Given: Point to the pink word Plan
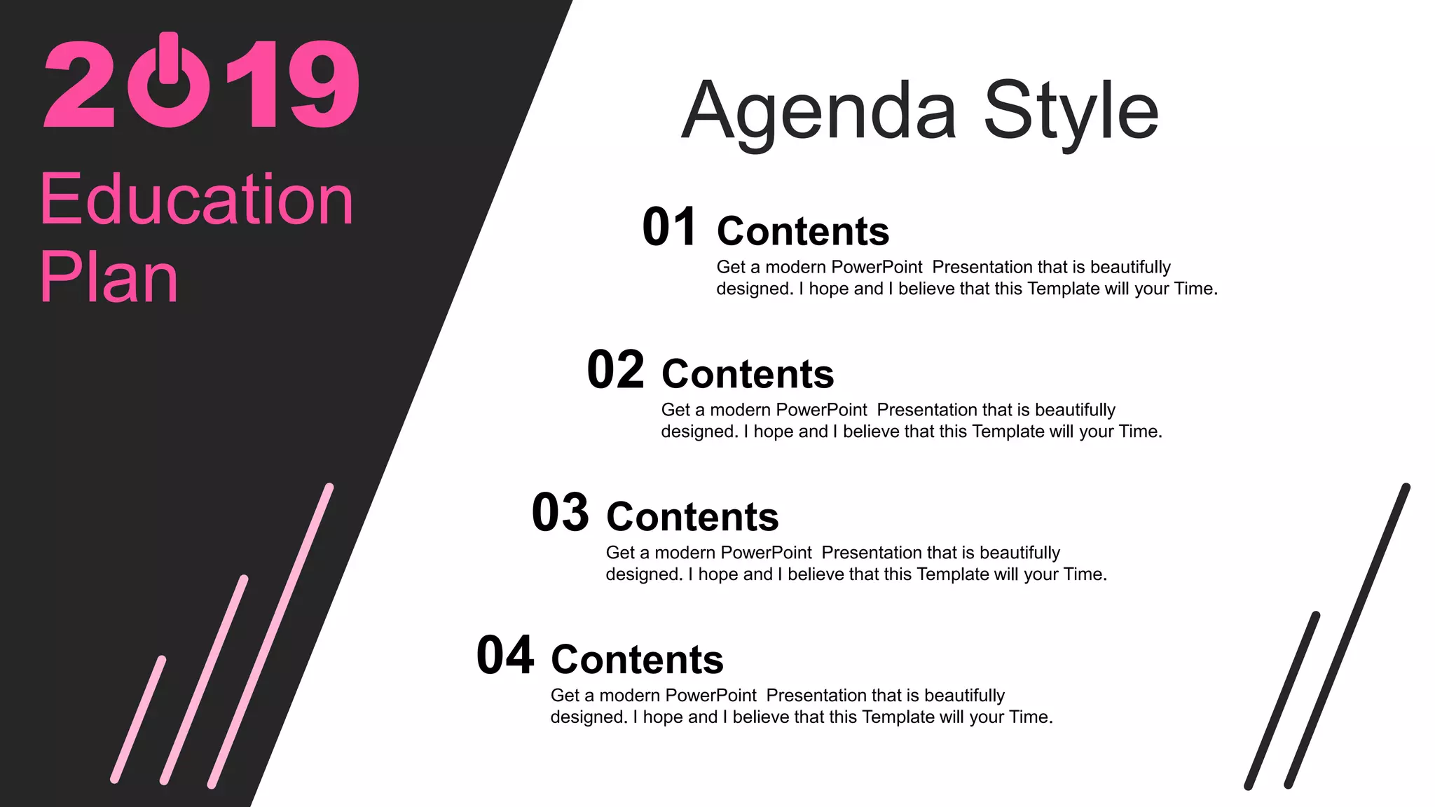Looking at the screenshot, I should point(109,277).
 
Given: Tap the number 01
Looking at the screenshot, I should point(669,227).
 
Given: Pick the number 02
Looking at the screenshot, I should point(614,370).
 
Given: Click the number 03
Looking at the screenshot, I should point(560,513).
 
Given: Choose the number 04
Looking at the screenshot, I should point(504,656).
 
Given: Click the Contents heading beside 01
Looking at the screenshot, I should point(803,231).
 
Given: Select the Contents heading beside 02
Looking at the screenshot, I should point(748,374).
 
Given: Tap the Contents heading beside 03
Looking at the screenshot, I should point(692,517).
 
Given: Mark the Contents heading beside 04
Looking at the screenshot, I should point(637,660).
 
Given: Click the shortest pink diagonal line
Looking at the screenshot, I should point(139,719).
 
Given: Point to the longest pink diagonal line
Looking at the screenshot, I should point(270,635).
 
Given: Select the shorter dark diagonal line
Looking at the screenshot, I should point(1282,701).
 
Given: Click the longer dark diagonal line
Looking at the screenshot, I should point(1347,636).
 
